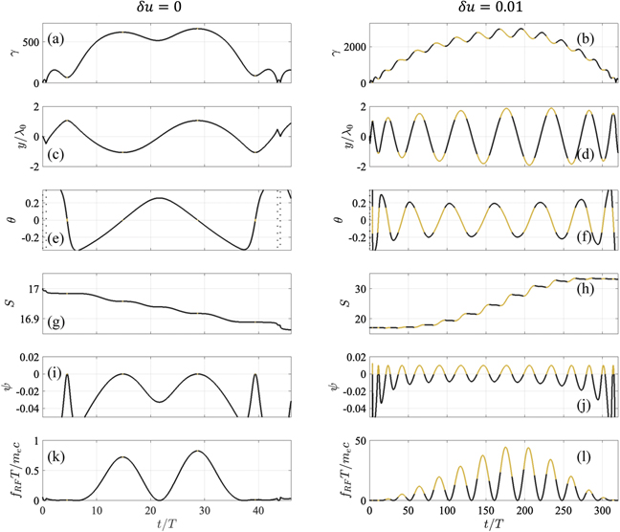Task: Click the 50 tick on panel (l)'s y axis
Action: (356, 440)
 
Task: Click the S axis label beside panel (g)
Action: (9, 303)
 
